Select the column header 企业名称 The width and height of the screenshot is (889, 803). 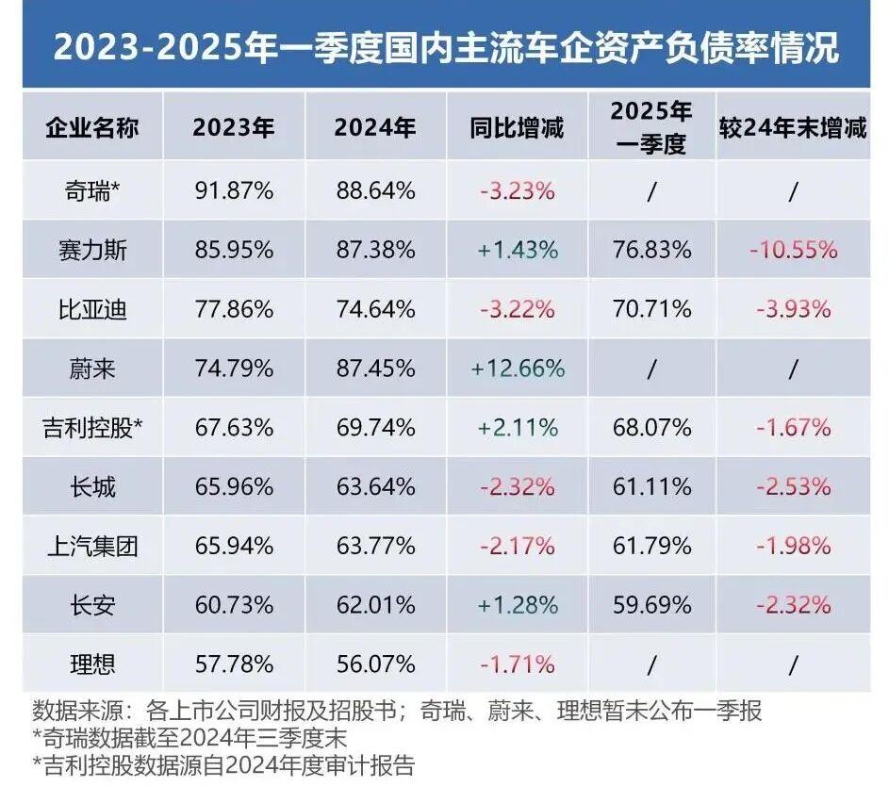[92, 128]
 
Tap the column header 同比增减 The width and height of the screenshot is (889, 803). [517, 128]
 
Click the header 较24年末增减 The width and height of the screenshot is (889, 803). [792, 128]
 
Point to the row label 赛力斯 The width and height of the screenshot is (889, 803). [92, 250]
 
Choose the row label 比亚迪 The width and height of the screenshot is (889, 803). [92, 309]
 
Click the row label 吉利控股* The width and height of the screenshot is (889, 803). [92, 427]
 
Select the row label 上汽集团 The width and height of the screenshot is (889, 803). [92, 546]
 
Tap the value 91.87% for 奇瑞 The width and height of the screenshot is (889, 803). [233, 190]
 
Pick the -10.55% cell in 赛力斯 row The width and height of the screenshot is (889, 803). [792, 250]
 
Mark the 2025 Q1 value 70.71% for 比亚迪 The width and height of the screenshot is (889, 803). [651, 309]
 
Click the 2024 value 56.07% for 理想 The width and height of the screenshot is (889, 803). [375, 664]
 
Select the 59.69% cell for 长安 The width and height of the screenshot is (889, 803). [651, 605]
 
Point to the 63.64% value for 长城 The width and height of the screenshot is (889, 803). [375, 486]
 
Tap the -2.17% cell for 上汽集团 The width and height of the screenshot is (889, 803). [517, 546]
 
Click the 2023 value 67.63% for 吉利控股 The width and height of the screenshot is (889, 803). [233, 427]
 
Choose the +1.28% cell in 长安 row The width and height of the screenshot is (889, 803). [517, 605]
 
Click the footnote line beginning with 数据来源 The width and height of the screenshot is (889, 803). [396, 711]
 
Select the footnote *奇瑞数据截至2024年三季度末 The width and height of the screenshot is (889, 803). [189, 737]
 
